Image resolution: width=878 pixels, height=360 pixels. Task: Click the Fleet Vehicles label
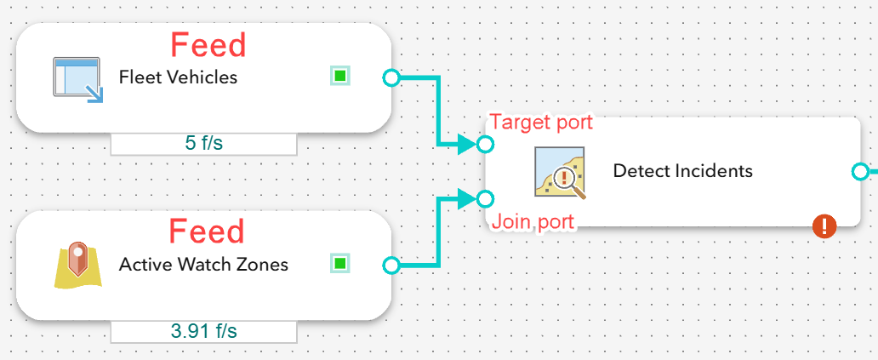[x=178, y=77]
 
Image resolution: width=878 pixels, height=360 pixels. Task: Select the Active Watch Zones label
[x=203, y=264]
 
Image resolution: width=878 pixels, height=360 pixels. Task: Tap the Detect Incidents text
[x=682, y=170]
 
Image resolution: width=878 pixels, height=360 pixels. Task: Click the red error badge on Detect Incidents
[x=824, y=226]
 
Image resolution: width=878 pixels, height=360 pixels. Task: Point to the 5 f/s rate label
[x=204, y=143]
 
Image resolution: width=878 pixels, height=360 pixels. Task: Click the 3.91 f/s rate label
[x=204, y=331]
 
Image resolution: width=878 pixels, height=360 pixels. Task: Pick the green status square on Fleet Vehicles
[x=340, y=76]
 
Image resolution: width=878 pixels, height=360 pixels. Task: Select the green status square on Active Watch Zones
[x=340, y=263]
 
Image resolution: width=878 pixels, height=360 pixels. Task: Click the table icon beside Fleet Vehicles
[x=78, y=79]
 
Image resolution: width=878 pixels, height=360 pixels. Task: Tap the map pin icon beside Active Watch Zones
[x=78, y=265]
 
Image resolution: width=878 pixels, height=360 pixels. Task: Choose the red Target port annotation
[x=541, y=122]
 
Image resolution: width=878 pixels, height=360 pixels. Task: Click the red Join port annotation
[x=533, y=222]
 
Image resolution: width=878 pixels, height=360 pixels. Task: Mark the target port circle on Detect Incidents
[x=486, y=145]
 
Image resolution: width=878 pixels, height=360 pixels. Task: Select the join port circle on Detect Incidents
[x=486, y=198]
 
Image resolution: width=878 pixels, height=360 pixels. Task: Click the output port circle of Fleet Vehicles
[x=391, y=77]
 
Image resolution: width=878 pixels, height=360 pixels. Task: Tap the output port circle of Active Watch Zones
[x=391, y=266]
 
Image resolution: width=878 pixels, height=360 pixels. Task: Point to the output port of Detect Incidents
[x=860, y=171]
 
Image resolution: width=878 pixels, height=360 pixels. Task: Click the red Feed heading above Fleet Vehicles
[x=208, y=45]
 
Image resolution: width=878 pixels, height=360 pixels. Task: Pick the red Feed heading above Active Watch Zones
[x=207, y=231]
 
